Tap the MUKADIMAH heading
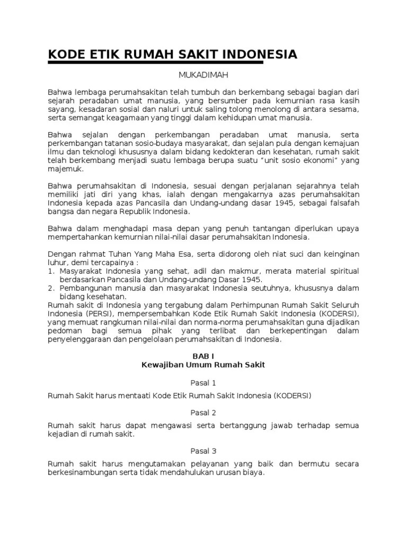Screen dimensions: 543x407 click(x=203, y=76)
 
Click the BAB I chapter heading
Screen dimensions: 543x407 click(x=203, y=355)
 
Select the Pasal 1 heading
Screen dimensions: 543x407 click(x=203, y=382)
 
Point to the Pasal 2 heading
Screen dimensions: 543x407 click(x=203, y=412)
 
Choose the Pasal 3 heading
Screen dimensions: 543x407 click(x=203, y=452)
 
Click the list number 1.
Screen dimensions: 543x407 click(x=51, y=271)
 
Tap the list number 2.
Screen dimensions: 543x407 click(x=51, y=288)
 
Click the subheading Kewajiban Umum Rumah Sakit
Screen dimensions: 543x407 click(x=203, y=365)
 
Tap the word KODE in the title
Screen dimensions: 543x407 click(x=66, y=55)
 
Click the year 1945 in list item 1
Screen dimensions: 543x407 click(x=252, y=279)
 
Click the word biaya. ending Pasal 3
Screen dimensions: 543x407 click(x=252, y=472)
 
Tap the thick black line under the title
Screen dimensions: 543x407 click(x=155, y=63)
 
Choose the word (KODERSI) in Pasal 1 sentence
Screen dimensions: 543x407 click(x=293, y=396)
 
